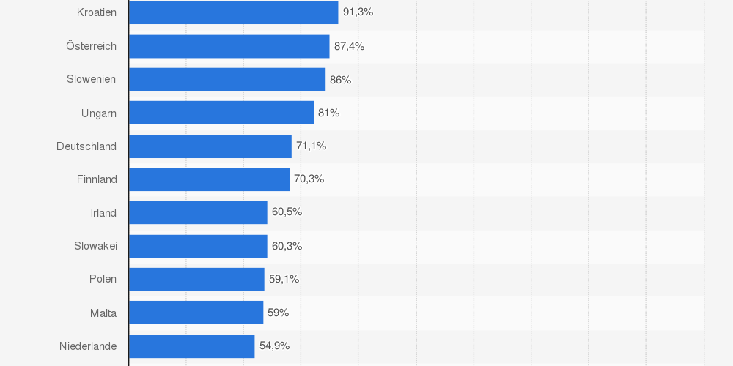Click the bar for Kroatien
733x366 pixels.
pyautogui.click(x=233, y=12)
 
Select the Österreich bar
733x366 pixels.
pyautogui.click(x=229, y=46)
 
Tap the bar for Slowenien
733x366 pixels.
pyautogui.click(x=226, y=80)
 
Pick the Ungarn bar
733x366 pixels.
pyautogui.click(x=221, y=113)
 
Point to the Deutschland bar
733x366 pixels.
pyautogui.click(x=210, y=146)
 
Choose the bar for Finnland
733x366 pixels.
pyautogui.click(x=209, y=179)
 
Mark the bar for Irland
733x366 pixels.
pyautogui.click(x=198, y=212)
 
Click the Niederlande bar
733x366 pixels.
pyautogui.click(x=191, y=346)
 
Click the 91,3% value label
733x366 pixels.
pyautogui.click(x=358, y=12)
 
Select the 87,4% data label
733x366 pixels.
pyautogui.click(x=349, y=46)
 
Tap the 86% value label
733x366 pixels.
pyautogui.click(x=340, y=80)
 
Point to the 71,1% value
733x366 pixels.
pyautogui.click(x=311, y=146)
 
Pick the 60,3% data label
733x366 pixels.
pyautogui.click(x=287, y=246)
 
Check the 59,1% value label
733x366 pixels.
pyautogui.click(x=284, y=279)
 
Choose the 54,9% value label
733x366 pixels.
pyautogui.click(x=274, y=346)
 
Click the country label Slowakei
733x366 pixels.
pyautogui.click(x=95, y=246)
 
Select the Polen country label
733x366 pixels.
pyautogui.click(x=103, y=279)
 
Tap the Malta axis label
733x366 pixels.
pyautogui.click(x=103, y=313)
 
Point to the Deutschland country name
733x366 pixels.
pyautogui.click(x=86, y=146)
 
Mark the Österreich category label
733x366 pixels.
pyautogui.click(x=91, y=46)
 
